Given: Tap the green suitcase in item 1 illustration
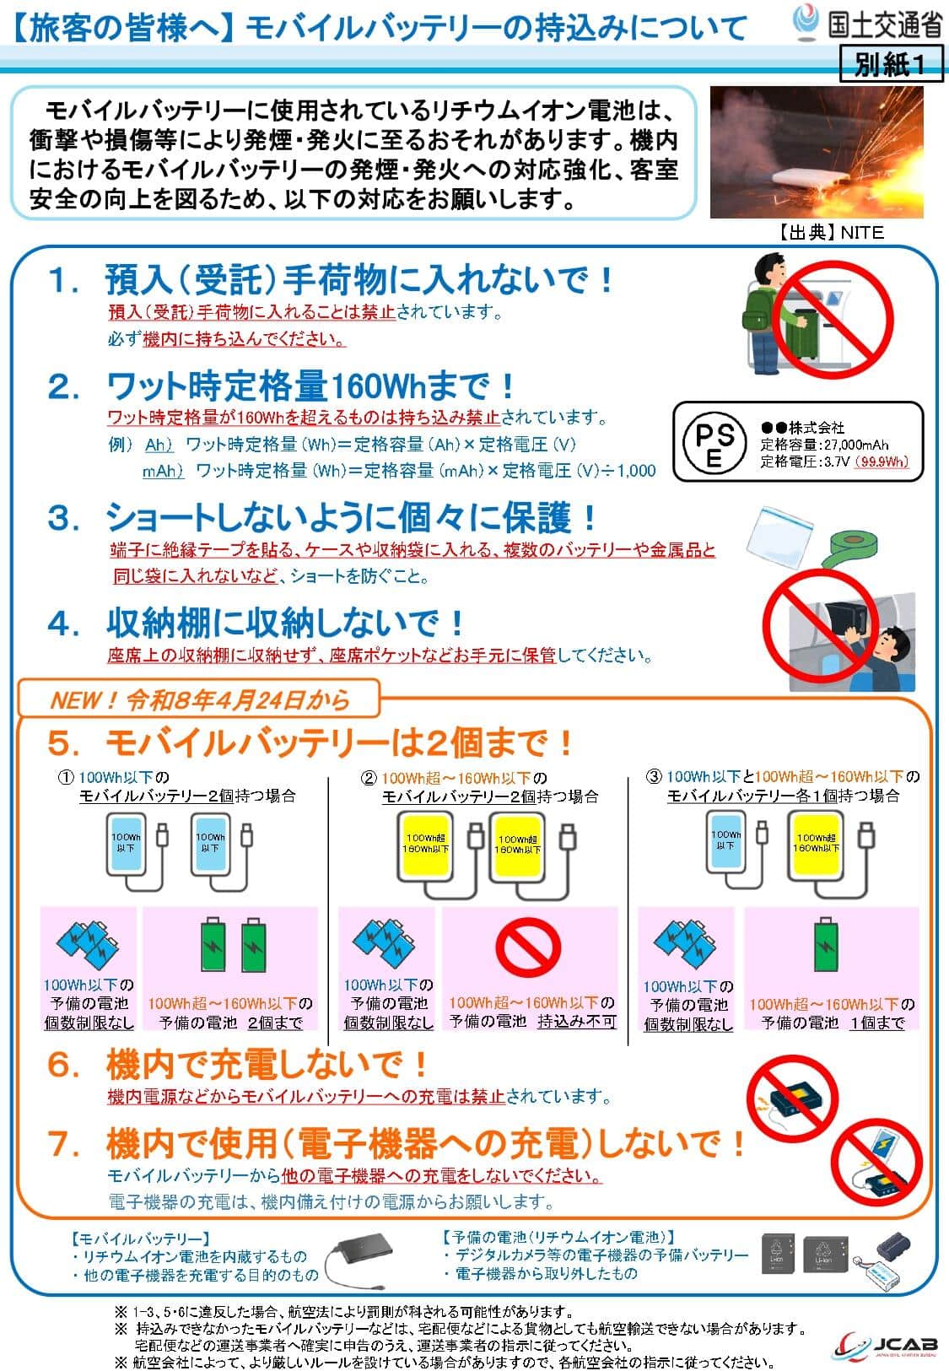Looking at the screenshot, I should [x=796, y=336].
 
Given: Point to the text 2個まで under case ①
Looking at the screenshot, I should [x=275, y=1023].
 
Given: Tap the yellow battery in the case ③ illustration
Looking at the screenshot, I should [x=815, y=841].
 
